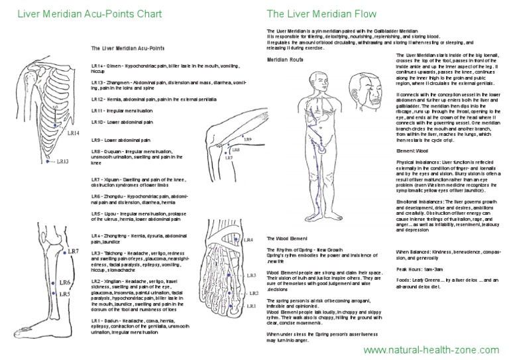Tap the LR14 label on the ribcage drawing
pyautogui.click(x=74, y=133)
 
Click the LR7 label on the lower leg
pyautogui.click(x=74, y=251)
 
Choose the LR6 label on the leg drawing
pyautogui.click(x=65, y=282)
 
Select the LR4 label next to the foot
pyautogui.click(x=249, y=239)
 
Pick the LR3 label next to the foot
pyautogui.click(x=251, y=274)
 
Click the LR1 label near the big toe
pyautogui.click(x=251, y=306)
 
